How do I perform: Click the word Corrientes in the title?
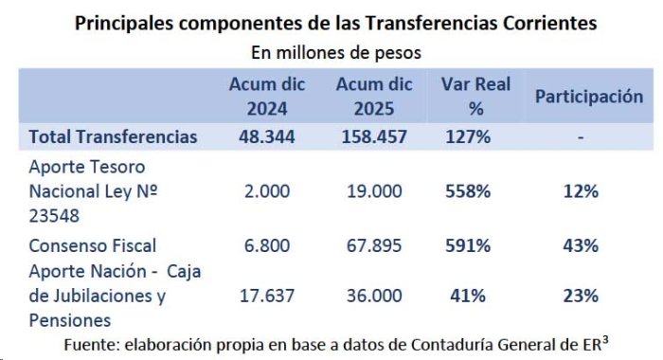[549, 23]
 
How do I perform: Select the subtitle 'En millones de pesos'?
[336, 53]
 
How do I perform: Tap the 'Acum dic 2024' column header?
[267, 97]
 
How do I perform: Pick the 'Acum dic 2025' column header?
[374, 97]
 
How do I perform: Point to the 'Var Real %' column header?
[476, 97]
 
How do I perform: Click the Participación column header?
[589, 97]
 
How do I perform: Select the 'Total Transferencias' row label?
[113, 137]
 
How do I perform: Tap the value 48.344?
[267, 137]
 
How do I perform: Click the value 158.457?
[374, 137]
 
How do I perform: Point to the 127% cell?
[468, 137]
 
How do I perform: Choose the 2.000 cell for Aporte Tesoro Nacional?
[267, 191]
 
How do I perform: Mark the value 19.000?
[375, 191]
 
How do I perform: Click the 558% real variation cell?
[468, 191]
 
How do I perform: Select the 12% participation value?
[581, 191]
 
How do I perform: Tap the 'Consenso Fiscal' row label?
[93, 245]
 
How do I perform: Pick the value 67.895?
[374, 245]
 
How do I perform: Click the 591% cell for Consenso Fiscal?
[468, 245]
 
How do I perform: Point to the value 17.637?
[267, 296]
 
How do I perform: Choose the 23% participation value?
[581, 296]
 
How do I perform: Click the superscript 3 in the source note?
[605, 340]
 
